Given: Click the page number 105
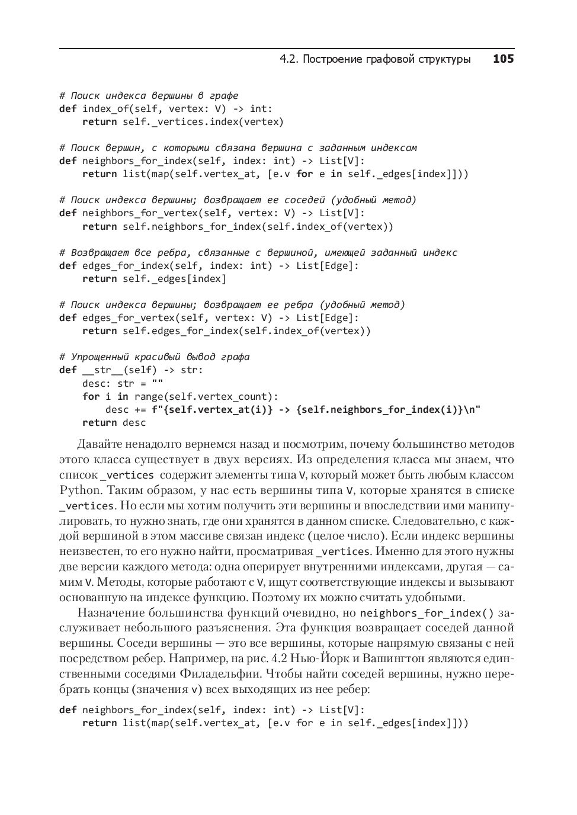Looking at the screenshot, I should (503, 59).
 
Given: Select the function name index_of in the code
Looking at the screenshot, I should (105, 108).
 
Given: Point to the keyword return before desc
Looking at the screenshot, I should (99, 422).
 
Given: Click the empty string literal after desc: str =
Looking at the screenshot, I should (157, 383).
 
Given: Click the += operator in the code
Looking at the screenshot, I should (140, 409).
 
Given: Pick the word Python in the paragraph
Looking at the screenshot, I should (80, 490).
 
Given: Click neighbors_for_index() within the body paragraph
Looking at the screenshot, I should (427, 612).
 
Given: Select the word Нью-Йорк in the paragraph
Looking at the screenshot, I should (319, 658).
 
